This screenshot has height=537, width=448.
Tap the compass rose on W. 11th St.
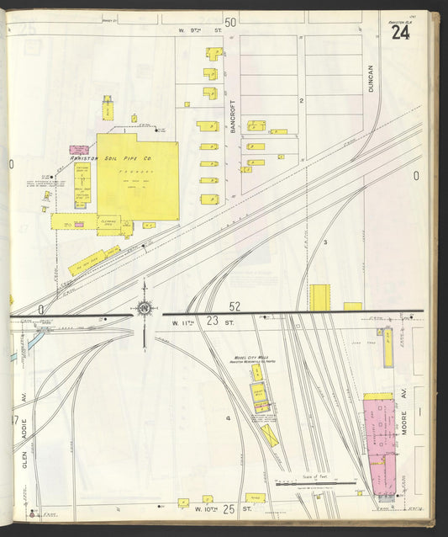[145, 309]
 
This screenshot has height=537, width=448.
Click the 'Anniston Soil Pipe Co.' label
[110, 157]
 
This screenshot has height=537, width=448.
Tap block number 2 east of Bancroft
[301, 100]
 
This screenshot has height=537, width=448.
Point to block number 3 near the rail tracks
[325, 242]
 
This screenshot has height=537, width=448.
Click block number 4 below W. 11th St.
[227, 417]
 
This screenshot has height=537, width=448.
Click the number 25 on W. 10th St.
[227, 508]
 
